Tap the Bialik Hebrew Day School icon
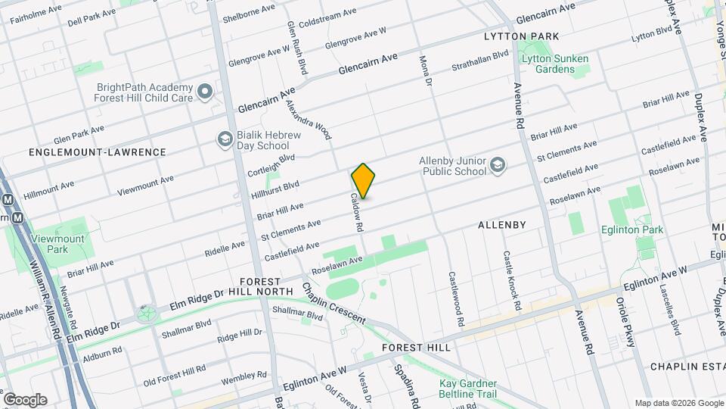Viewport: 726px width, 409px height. pyautogui.click(x=225, y=139)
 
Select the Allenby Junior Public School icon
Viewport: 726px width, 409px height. pyautogui.click(x=498, y=165)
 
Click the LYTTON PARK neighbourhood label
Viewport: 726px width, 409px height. pyautogui.click(x=521, y=36)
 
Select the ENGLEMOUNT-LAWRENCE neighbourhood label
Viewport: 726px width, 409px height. pyautogui.click(x=97, y=152)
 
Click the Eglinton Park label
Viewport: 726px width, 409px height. pyautogui.click(x=632, y=230)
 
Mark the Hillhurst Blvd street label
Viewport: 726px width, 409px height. pyautogui.click(x=275, y=189)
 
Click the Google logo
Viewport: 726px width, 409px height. pyautogui.click(x=25, y=400)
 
